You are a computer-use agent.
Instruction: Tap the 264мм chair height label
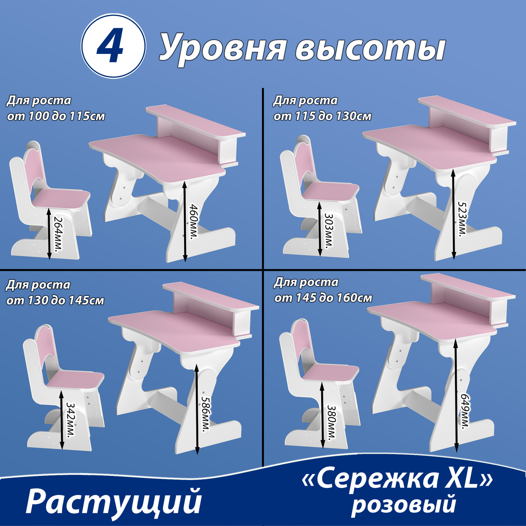(x=58, y=234)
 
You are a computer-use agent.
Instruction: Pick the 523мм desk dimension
(x=462, y=218)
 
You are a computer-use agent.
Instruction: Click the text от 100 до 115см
(x=56, y=117)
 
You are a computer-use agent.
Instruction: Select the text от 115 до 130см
(x=322, y=117)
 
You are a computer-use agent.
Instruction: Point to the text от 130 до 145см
(x=55, y=301)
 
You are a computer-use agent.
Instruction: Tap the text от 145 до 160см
(x=323, y=298)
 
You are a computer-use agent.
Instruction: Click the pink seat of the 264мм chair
(x=61, y=199)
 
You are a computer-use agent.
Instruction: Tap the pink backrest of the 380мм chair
(x=303, y=341)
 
